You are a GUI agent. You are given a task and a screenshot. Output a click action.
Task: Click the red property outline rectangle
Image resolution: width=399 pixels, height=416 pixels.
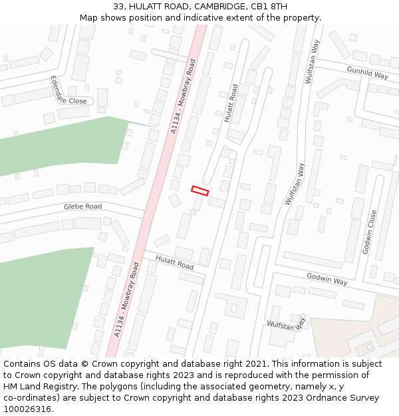pos(200,190)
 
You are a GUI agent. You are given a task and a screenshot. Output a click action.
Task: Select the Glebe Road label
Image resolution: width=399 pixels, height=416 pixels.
pos(82,206)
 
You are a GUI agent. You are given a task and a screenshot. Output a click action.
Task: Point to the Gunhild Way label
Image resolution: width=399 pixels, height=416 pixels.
pos(367,72)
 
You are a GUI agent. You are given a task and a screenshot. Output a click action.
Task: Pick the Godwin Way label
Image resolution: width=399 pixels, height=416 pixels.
pos(327,279)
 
